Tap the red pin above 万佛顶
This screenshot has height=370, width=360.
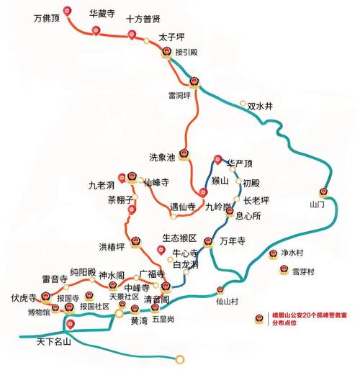68,10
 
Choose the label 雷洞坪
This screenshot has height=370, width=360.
179,94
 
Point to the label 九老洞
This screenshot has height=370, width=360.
102,185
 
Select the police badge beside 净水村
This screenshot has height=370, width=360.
273,254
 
